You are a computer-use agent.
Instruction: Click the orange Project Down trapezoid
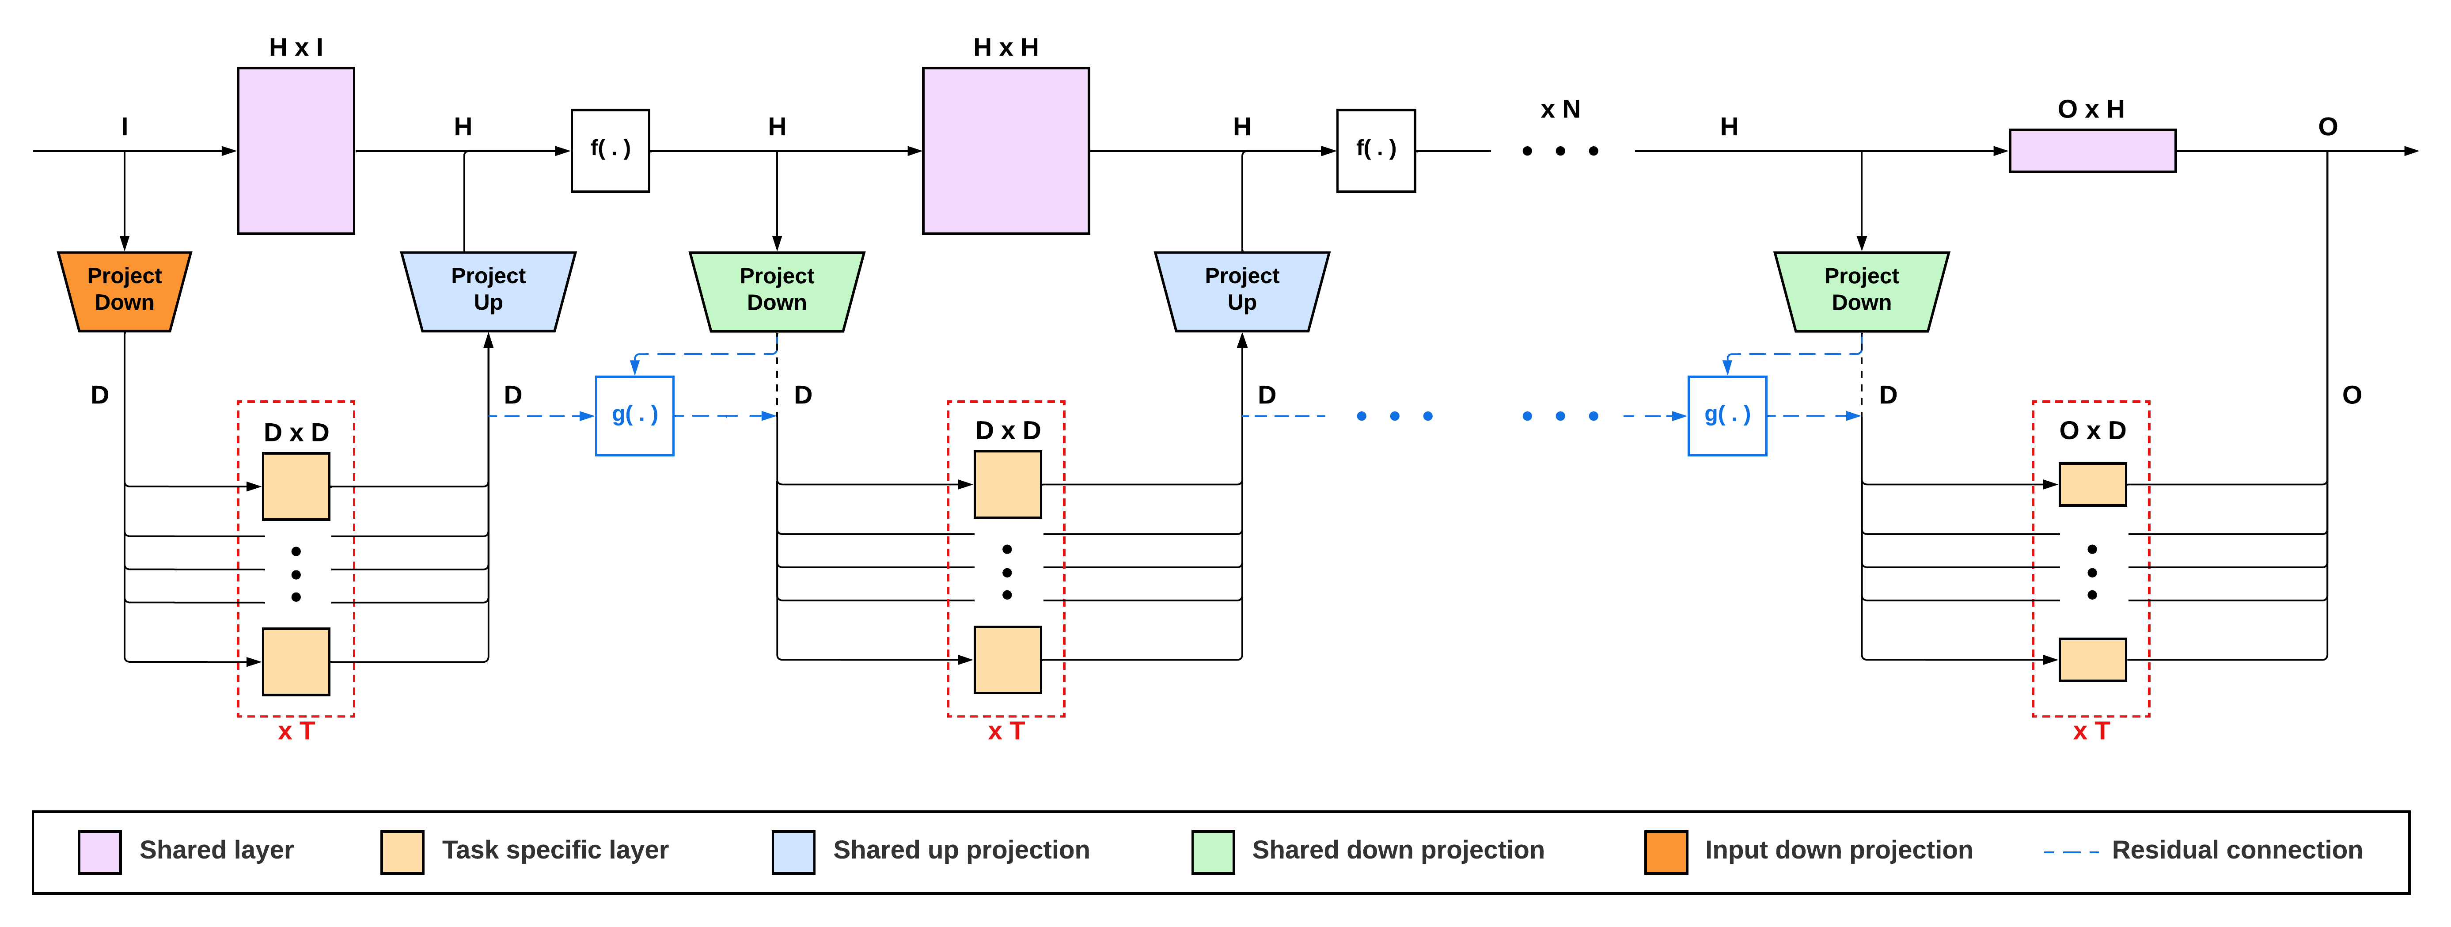pos(125,291)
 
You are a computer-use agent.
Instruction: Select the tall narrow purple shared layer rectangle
pos(296,150)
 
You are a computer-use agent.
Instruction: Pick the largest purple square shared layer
pos(1005,150)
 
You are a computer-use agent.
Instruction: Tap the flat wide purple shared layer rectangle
pos(2092,150)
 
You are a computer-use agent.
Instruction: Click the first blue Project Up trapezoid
pos(488,291)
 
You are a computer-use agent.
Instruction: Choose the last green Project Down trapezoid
pos(1861,291)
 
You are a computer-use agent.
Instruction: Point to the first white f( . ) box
pos(610,150)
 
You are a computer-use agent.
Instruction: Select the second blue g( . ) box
pos(1727,416)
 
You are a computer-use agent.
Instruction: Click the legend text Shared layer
pos(217,850)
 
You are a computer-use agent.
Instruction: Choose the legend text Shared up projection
pos(961,850)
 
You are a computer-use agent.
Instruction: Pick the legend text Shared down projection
pos(1398,850)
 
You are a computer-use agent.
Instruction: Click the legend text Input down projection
pos(1838,850)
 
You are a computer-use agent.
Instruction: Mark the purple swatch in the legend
pos(100,852)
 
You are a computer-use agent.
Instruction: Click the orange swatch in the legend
pos(1666,852)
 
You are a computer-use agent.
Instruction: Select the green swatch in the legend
pos(1213,852)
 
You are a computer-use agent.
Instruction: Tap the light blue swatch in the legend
pos(793,852)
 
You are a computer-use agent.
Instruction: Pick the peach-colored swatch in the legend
pos(402,852)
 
